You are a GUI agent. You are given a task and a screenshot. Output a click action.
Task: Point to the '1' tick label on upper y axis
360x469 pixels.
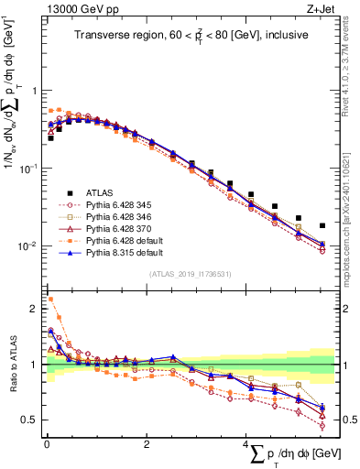point(35,91)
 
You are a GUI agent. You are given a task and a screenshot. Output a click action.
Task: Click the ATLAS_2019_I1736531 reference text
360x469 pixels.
point(191,274)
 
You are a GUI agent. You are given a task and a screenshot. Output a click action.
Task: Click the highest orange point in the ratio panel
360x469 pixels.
point(50,299)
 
